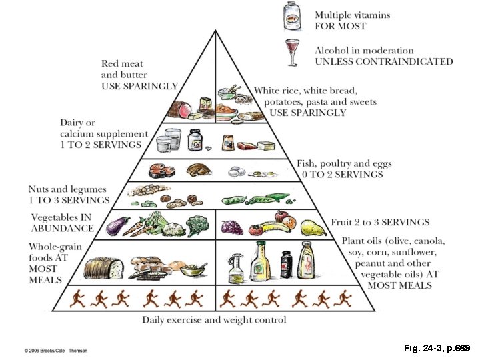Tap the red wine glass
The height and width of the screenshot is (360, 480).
[x=292, y=53]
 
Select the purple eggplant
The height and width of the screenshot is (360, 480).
[x=118, y=225]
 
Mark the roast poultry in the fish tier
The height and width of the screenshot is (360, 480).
[x=198, y=171]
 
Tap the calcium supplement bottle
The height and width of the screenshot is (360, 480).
[x=195, y=141]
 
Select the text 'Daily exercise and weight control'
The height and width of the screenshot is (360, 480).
[x=214, y=320]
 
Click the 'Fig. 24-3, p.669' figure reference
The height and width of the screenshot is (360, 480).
[x=436, y=348]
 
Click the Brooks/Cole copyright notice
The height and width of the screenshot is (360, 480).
[x=56, y=350]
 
